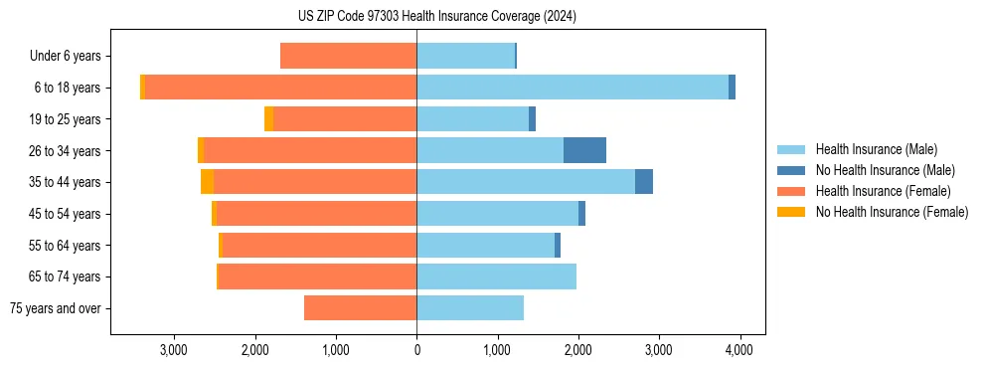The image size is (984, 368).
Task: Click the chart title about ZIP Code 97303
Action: [x=436, y=17]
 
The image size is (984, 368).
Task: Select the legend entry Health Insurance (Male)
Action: [x=876, y=149]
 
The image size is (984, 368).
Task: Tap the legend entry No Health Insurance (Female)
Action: [x=892, y=212]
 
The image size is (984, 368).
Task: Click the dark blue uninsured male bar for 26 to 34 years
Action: [x=584, y=150]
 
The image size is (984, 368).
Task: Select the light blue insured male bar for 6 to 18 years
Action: [x=572, y=88]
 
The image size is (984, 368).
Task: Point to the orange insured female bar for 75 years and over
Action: [x=360, y=308]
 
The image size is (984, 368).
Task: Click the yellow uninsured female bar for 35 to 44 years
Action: [x=207, y=182]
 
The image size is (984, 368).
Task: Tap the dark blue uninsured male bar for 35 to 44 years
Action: [x=644, y=182]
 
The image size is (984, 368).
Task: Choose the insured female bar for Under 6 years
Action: [x=348, y=56]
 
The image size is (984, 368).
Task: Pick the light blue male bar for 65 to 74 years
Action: [x=496, y=276]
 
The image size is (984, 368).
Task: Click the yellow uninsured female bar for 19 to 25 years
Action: [x=268, y=119]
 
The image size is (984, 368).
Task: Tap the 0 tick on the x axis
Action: [x=416, y=350]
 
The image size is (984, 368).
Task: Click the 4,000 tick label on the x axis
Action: [x=738, y=350]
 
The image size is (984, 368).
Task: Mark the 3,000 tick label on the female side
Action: [x=174, y=350]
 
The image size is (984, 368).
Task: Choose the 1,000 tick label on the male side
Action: [x=497, y=350]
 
